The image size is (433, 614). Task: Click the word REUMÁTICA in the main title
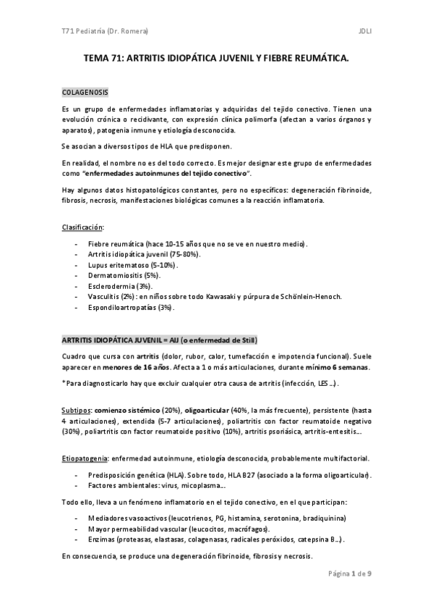click(x=322, y=63)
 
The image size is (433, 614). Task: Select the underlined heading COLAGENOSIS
click(x=85, y=94)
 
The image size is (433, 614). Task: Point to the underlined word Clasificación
click(x=82, y=228)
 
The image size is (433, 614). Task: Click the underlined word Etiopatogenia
click(x=85, y=459)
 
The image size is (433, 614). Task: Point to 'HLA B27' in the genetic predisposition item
click(x=241, y=475)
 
